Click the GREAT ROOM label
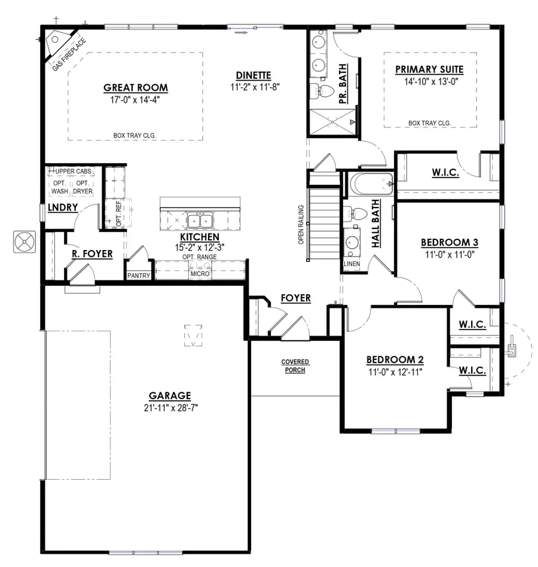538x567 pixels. click(x=136, y=88)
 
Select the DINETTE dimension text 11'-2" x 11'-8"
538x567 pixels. click(x=253, y=86)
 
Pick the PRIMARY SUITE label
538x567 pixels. click(x=429, y=70)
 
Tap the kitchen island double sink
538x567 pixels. click(x=198, y=221)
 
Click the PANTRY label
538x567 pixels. click(x=139, y=276)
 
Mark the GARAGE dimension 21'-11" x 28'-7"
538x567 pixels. click(x=170, y=408)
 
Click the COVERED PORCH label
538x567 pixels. click(x=294, y=366)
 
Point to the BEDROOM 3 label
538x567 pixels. click(x=449, y=242)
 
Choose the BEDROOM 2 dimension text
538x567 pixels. click(x=395, y=371)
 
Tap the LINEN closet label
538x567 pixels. click(x=351, y=264)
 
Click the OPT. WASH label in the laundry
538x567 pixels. click(x=60, y=187)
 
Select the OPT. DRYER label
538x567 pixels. click(x=82, y=187)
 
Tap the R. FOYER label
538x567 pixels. click(x=92, y=254)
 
